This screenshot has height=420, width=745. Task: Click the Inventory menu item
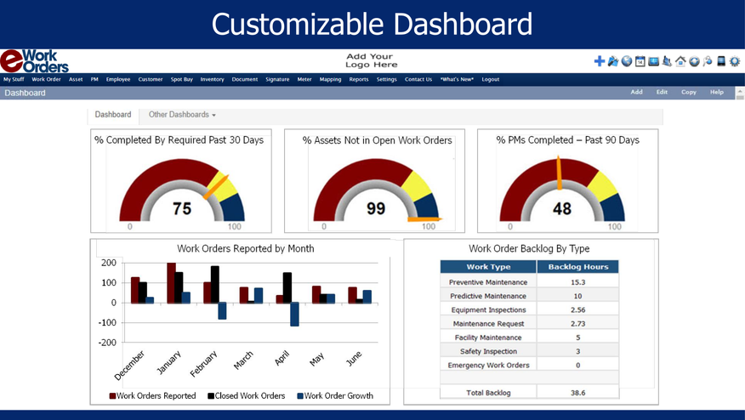coord(212,79)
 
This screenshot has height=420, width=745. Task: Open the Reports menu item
coord(359,79)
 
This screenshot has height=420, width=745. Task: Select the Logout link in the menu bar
coord(490,79)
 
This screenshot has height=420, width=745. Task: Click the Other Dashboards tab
coord(181,114)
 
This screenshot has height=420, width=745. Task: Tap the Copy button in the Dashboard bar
coord(688,92)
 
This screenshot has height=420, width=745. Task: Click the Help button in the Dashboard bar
coord(716,92)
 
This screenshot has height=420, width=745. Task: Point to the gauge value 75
coord(181,208)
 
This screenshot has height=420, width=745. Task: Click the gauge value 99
coord(375,208)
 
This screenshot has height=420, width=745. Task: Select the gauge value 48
coord(561,208)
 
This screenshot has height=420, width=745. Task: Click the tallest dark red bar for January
coord(171,282)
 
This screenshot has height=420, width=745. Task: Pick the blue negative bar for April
coord(294,314)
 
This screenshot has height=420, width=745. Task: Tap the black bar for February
coord(215,284)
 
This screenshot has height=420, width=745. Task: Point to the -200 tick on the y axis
coord(106,343)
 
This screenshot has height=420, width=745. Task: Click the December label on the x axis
coord(128,364)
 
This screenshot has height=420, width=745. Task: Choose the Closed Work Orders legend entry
coord(246,395)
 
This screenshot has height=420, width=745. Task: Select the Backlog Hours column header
coord(577,267)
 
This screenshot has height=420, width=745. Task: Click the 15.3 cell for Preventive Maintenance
coord(577,282)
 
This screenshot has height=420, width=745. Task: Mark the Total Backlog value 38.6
coord(577,393)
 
